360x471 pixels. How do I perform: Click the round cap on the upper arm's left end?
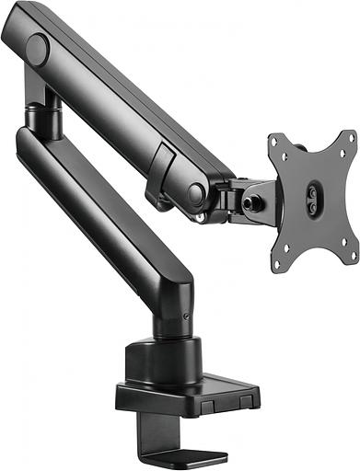(38, 50)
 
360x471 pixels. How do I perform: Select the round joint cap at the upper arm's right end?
(196, 193)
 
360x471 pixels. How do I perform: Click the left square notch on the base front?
(208, 406)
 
